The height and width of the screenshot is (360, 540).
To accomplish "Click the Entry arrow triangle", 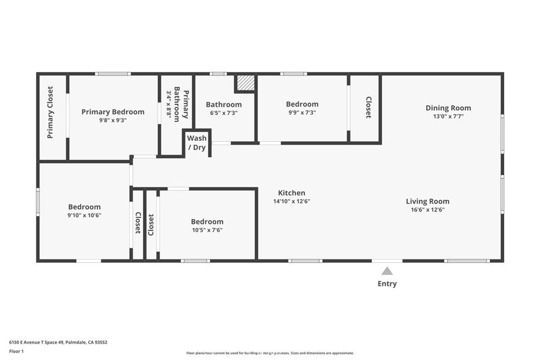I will click(x=387, y=271).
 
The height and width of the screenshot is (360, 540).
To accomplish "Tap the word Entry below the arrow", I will click(x=387, y=284).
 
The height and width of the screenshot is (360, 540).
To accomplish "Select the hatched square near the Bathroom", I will click(x=245, y=83).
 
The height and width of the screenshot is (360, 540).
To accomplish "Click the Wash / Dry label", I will click(x=197, y=143).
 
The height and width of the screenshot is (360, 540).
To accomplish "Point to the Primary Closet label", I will click(x=51, y=112).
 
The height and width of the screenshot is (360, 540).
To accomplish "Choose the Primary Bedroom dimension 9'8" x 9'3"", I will click(x=112, y=120).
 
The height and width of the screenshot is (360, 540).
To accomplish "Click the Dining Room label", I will click(x=448, y=108).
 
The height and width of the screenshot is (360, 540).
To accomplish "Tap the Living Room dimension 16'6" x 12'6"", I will click(x=427, y=210).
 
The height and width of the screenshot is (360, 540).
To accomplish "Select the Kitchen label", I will click(x=292, y=193).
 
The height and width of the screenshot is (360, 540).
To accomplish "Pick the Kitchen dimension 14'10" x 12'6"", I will click(x=292, y=201).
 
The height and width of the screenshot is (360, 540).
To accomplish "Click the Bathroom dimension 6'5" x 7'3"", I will click(x=224, y=113).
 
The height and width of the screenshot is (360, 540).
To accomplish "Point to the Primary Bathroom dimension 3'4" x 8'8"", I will click(x=169, y=104).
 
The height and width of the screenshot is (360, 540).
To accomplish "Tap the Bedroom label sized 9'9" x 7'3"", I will click(x=302, y=104).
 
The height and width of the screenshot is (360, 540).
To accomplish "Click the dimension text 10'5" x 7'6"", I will click(x=207, y=230).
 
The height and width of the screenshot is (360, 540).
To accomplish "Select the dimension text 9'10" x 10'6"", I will click(x=84, y=215).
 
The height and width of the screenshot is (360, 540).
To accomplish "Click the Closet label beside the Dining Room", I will click(x=368, y=108).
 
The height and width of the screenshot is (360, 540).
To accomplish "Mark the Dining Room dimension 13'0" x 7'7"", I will click(x=448, y=116).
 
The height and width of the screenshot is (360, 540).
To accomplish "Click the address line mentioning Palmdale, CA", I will click(x=58, y=342).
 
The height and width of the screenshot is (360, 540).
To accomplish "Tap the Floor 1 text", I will click(x=16, y=351).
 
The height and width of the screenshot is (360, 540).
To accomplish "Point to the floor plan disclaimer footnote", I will click(x=269, y=353).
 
